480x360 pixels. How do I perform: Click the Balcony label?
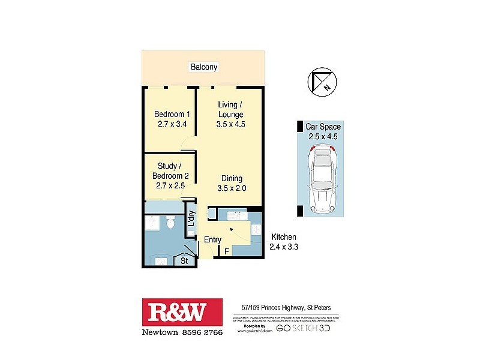[x=203, y=67]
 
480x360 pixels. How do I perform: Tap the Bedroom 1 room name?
[x=172, y=115]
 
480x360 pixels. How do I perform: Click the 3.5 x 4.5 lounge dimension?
[x=231, y=125]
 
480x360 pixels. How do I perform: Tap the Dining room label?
[x=232, y=178]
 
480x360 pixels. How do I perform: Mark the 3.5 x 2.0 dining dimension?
[x=232, y=188]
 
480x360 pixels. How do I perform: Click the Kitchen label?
[x=284, y=238]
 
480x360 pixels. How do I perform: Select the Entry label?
[x=212, y=240]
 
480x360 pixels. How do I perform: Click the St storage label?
[x=185, y=261]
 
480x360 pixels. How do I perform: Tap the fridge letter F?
[x=226, y=251]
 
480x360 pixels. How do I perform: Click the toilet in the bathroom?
[x=170, y=224]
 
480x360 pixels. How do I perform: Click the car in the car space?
[x=322, y=181]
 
